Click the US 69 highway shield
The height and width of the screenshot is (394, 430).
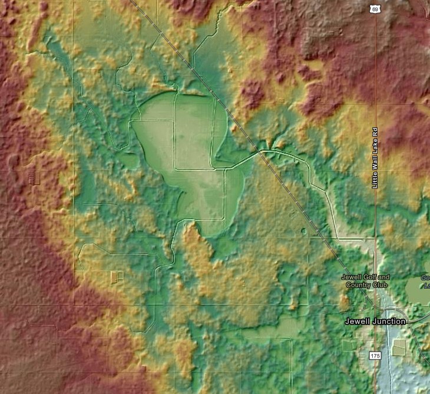pyautogui.click(x=375, y=9)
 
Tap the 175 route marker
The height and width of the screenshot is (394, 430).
pyautogui.click(x=375, y=356)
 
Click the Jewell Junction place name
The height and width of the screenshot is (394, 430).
pyautogui.click(x=375, y=322)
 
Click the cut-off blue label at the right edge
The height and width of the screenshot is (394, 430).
pyautogui.click(x=425, y=282)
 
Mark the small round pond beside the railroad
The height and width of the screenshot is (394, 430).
pyautogui.click(x=303, y=231)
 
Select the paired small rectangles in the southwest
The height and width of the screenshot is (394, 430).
pyautogui.click(x=117, y=276)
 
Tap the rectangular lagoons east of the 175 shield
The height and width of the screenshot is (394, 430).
pyautogui.click(x=399, y=347)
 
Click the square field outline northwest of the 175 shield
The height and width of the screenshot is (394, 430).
pyautogui.click(x=349, y=345)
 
